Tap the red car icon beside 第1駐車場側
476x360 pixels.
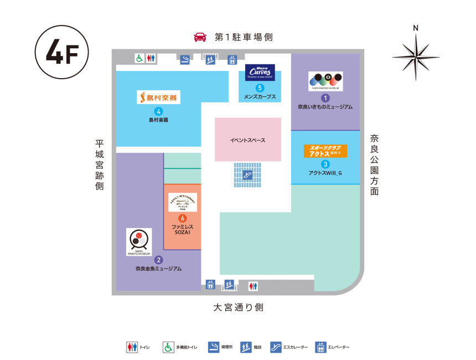200,37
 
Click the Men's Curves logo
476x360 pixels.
260,73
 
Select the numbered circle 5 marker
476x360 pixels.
260,88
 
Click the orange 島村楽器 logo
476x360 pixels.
159,97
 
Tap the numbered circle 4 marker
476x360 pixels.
159,110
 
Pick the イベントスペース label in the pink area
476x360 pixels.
247,140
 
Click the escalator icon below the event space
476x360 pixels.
247,174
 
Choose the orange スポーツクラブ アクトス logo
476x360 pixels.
325,151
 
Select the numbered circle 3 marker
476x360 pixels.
325,164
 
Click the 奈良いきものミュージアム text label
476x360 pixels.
325,107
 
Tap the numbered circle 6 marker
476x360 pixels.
182,218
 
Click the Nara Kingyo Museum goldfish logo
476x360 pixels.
139,241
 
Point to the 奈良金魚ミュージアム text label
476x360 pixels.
158,269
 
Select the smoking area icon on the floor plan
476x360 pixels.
186,59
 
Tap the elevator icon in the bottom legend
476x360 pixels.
320,347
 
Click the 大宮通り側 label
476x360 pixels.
239,307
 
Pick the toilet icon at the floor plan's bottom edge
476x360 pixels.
253,285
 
